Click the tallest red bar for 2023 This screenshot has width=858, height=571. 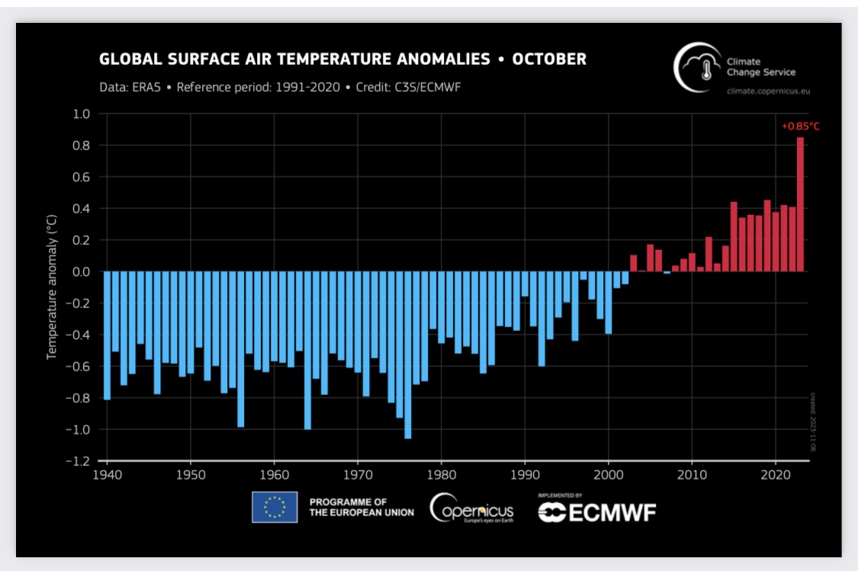[800, 204]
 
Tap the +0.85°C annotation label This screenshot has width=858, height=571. [800, 126]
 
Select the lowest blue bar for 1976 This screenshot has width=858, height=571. [408, 354]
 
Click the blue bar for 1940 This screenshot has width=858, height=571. [107, 335]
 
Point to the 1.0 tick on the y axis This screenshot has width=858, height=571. [82, 114]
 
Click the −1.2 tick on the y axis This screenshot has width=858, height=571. [79, 461]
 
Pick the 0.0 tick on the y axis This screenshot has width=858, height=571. [82, 271]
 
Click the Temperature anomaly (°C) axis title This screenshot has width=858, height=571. [52, 287]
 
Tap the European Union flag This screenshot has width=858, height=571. [275, 507]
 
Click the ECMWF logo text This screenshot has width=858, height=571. [597, 512]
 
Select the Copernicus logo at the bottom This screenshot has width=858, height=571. [471, 508]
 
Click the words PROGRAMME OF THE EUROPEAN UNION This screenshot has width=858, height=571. [361, 507]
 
